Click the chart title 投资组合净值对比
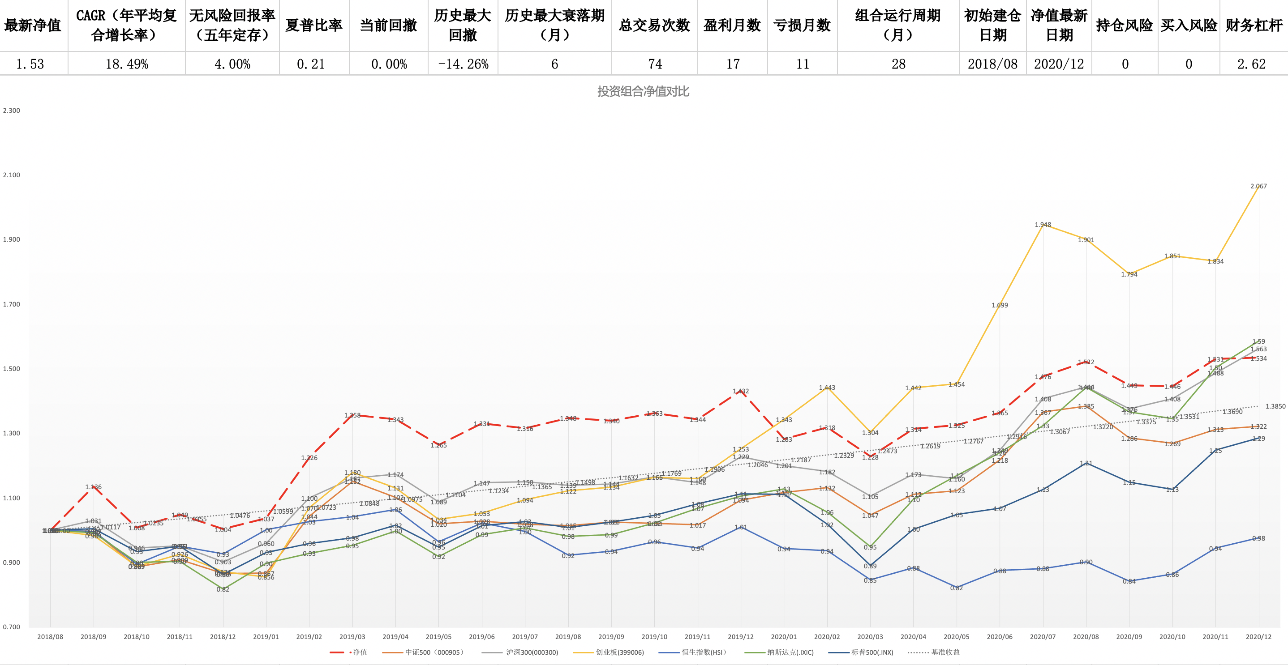643,91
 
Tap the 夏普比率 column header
313,25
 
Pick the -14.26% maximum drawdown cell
463,64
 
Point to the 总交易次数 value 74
654,64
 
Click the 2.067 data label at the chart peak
1258,186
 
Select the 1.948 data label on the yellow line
1043,225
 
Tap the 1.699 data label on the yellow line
1000,305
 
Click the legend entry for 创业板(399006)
619,652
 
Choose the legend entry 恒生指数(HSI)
703,652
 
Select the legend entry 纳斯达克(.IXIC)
790,652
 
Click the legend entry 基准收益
945,652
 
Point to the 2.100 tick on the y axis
12,175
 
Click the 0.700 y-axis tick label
12,627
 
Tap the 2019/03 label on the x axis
352,636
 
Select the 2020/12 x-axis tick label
1258,636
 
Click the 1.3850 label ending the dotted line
1275,407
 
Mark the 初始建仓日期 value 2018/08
992,64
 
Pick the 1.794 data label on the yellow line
1129,274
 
